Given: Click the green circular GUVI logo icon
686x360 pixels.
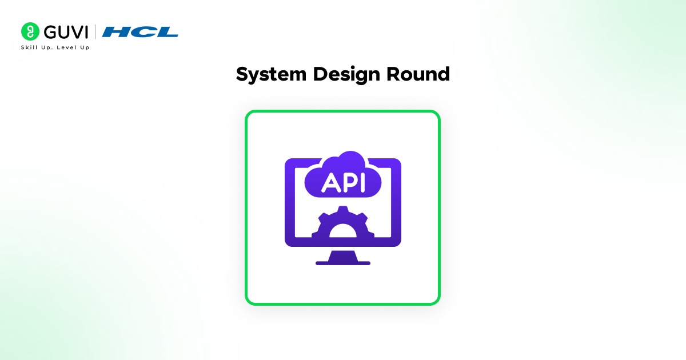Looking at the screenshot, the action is [x=30, y=31].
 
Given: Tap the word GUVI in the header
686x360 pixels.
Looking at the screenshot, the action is [x=66, y=32].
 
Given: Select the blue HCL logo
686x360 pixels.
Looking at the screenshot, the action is [x=140, y=32].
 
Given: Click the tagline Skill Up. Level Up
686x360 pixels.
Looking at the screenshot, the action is [x=55, y=47].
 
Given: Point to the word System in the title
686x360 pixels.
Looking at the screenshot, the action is [x=271, y=75].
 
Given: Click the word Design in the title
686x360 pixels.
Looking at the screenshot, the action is [x=346, y=75].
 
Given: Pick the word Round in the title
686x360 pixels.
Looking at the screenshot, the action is [x=418, y=74].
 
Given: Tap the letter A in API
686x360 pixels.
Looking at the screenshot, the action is [x=329, y=183].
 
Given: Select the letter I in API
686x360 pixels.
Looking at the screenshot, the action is [x=363, y=183].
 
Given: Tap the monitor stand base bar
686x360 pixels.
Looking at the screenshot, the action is [x=343, y=263].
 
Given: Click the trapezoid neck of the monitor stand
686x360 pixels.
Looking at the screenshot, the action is [x=343, y=256].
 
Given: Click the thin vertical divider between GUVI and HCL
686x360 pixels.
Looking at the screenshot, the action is [x=95, y=32].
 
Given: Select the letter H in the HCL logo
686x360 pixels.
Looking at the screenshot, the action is [x=114, y=32].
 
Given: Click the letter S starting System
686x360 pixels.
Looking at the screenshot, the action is [x=244, y=74].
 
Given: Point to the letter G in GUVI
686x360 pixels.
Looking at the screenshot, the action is [x=50, y=32].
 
